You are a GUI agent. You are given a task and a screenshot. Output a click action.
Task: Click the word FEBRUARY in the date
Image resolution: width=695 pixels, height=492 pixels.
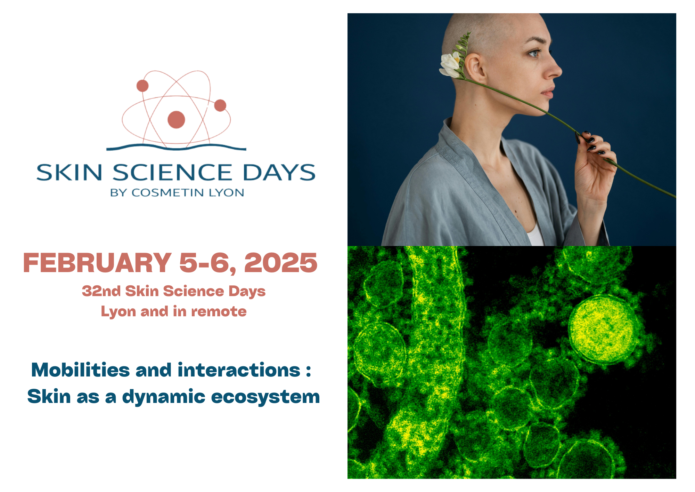pos(97,263)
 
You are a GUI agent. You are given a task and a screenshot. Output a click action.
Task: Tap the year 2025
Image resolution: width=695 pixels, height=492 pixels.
pos(281,263)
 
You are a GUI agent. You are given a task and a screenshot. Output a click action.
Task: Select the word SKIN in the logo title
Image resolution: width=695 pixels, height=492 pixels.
pos(69,173)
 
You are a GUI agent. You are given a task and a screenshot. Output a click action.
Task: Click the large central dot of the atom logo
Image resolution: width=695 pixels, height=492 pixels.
pos(176,120)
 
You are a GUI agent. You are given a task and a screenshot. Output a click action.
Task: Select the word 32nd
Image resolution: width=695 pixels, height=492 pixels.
pos(101,291)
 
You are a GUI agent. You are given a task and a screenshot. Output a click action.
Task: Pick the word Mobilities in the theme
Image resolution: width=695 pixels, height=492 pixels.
pos(80,370)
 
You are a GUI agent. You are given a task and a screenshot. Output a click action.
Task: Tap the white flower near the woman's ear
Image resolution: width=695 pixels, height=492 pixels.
pos(450,65)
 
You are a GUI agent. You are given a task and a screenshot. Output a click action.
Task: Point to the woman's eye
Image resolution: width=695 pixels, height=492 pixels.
pos(534,53)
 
